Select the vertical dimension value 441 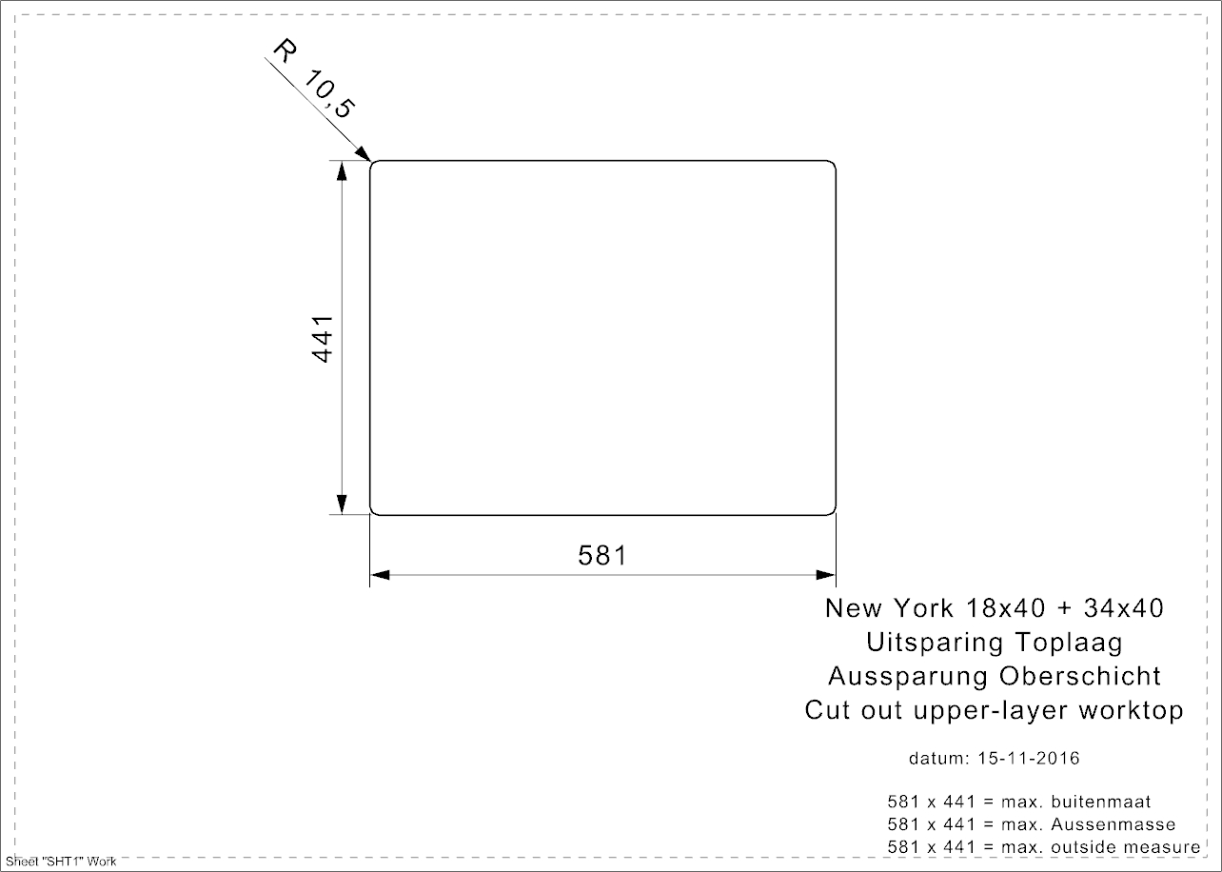(x=323, y=339)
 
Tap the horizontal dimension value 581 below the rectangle (x=602, y=556)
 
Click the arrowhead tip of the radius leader (x=370, y=161)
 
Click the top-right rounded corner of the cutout (x=833, y=164)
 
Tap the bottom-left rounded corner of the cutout (x=373, y=511)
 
